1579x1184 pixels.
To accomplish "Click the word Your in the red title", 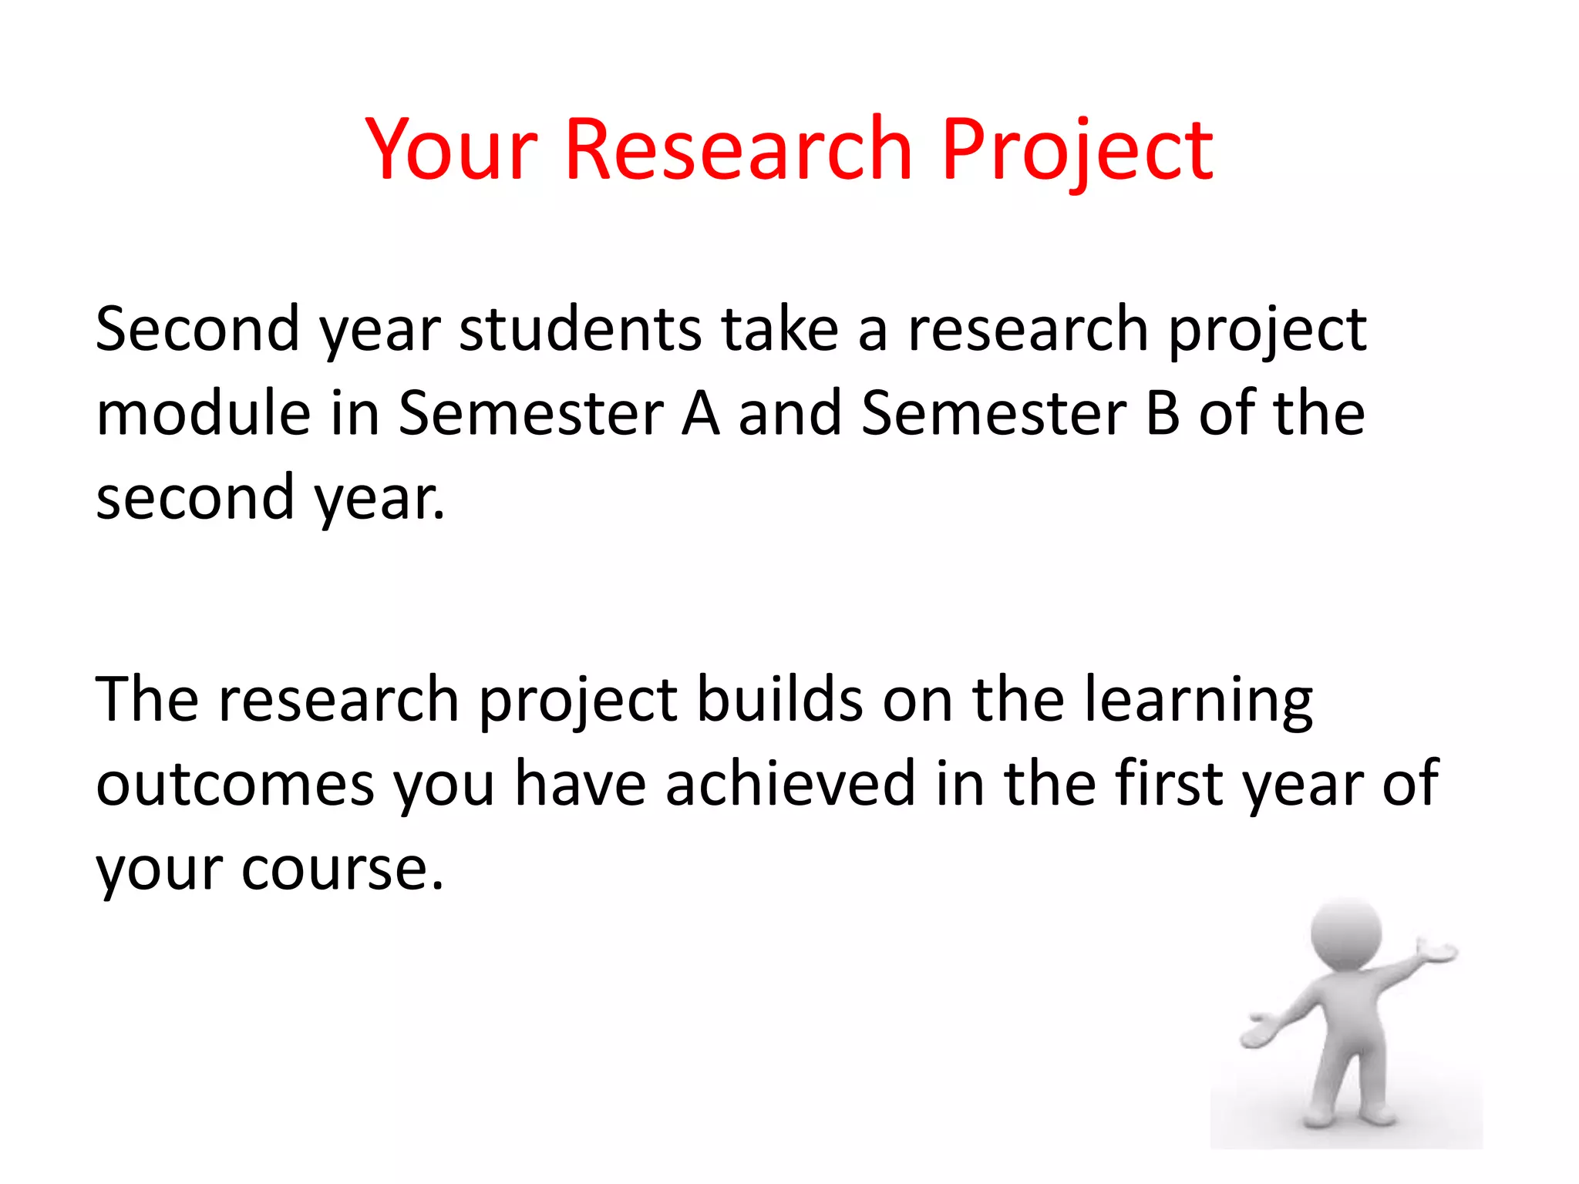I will (x=451, y=150).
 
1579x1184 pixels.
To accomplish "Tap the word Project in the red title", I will (x=1077, y=150).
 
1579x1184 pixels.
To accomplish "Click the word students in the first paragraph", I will (x=580, y=330).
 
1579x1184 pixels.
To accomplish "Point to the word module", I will (x=203, y=414).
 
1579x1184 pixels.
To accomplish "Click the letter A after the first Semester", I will (x=700, y=414).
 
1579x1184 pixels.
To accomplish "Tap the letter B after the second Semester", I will (x=1163, y=414).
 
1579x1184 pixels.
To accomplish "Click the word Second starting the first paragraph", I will (x=197, y=330).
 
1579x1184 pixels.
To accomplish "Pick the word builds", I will (x=779, y=700).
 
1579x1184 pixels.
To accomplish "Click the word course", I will (x=342, y=869).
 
